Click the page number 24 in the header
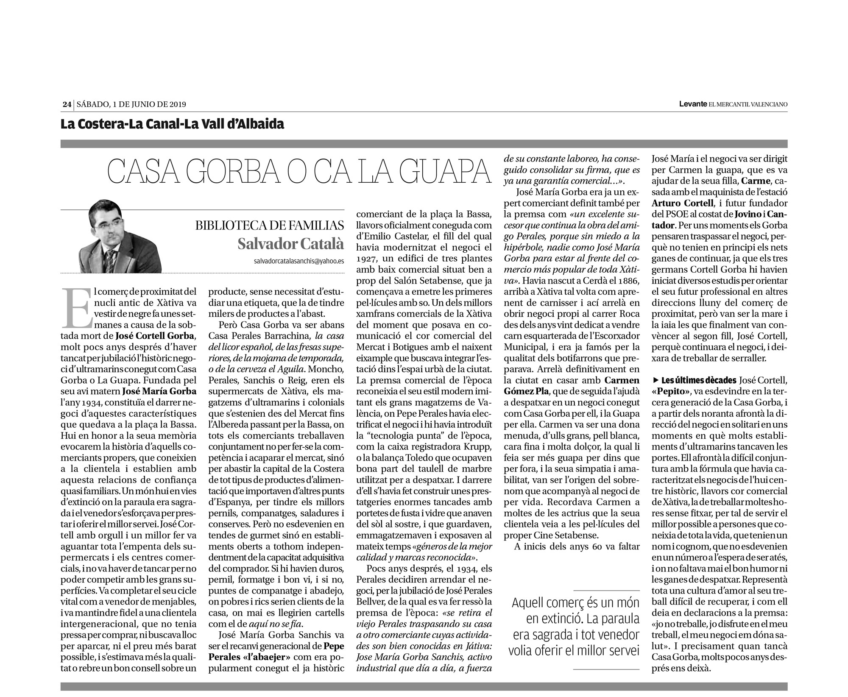pyautogui.click(x=66, y=104)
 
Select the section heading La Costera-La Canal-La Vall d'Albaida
pyautogui.click(x=172, y=124)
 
